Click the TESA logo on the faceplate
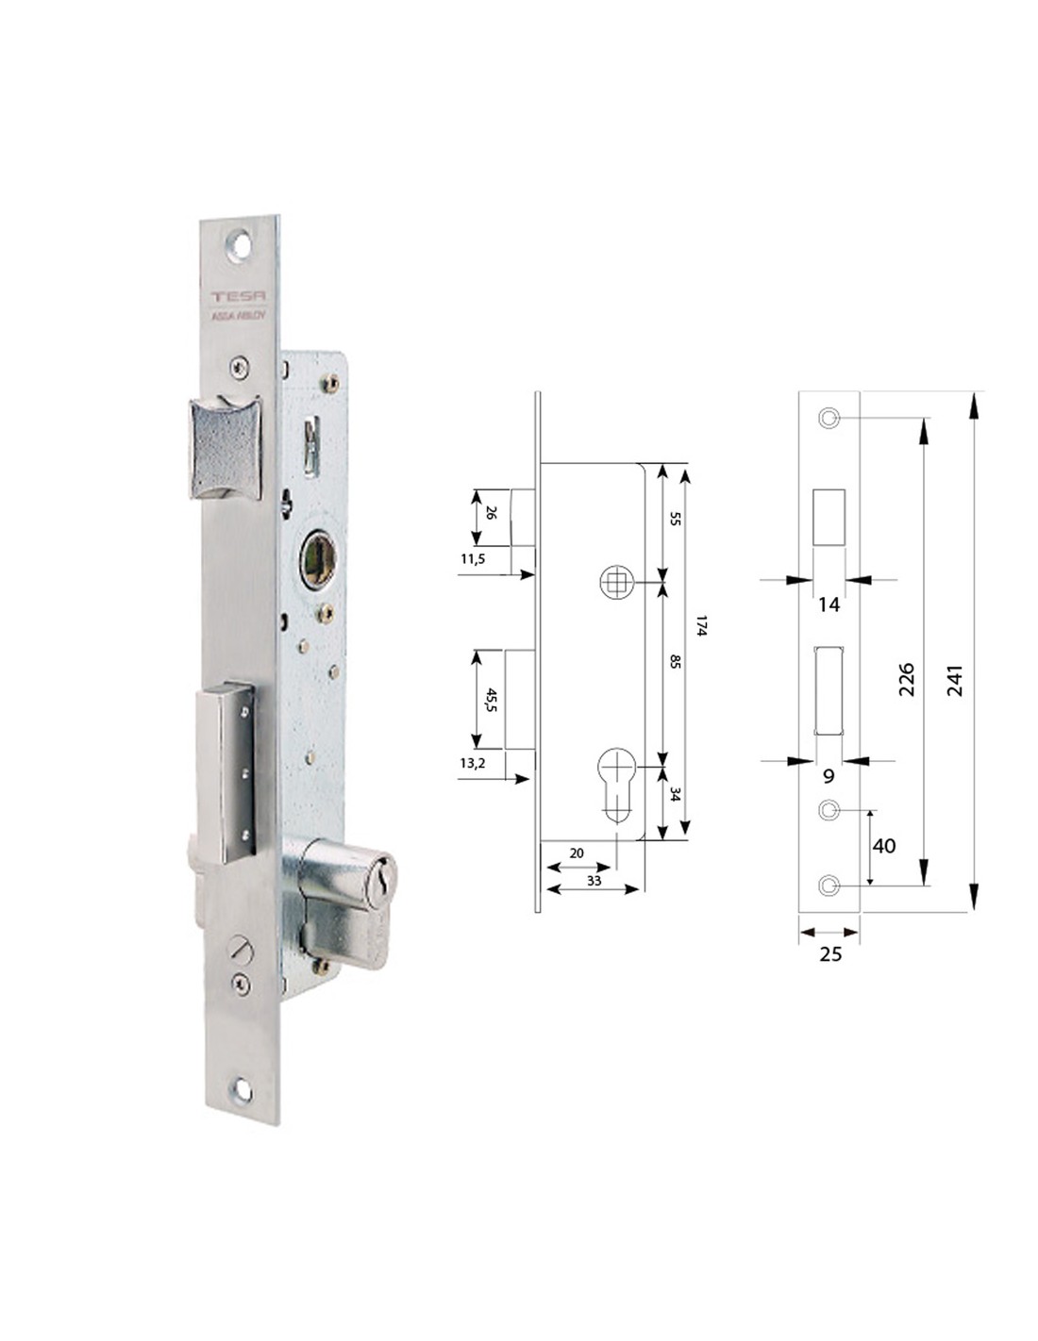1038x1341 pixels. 239,296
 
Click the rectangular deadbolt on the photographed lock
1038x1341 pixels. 226,771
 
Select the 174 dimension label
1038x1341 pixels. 701,626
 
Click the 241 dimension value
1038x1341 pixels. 955,680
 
